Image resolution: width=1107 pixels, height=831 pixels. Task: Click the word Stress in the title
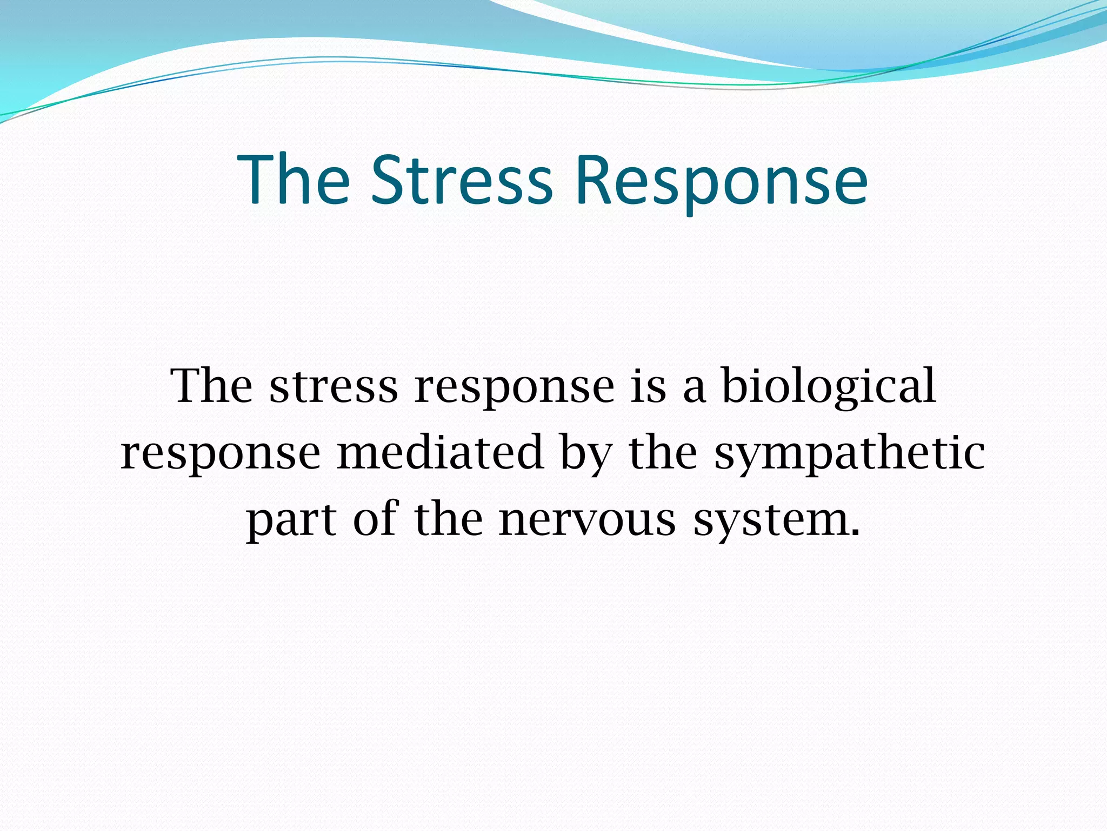tap(462, 180)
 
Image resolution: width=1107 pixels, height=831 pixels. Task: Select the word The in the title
tap(293, 180)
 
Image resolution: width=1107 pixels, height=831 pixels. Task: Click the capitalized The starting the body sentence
tap(211, 386)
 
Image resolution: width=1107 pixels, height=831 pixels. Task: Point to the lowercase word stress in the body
tap(334, 387)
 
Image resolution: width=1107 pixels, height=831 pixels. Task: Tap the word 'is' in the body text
tap(648, 386)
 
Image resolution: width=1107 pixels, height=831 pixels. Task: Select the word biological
tap(829, 387)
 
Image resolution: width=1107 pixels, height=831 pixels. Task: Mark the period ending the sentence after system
tap(855, 532)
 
